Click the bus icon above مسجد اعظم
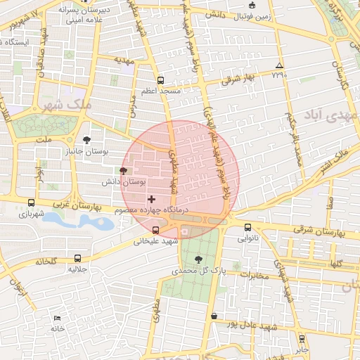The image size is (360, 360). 160,81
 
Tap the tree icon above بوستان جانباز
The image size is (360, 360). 86,141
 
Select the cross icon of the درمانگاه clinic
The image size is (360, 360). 151,200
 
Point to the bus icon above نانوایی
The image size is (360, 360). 247,227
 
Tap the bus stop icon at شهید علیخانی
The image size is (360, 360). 155,230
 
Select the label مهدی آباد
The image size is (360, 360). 332,114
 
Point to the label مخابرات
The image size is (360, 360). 255,275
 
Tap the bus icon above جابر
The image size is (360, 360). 302,338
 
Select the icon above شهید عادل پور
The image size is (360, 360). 214,316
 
